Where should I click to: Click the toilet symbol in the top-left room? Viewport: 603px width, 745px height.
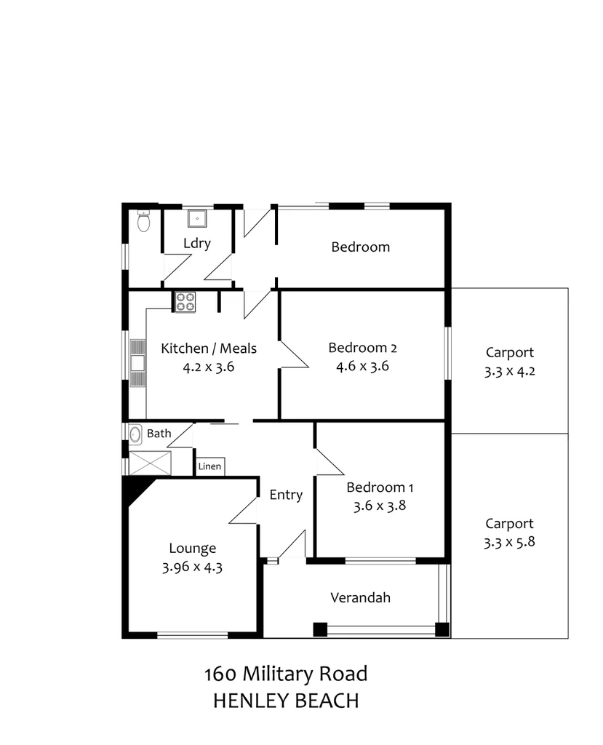point(143,221)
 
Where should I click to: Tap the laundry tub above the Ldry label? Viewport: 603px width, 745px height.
point(197,218)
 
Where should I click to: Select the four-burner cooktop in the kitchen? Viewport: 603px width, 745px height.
point(185,301)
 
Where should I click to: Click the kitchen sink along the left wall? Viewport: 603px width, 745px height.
point(137,362)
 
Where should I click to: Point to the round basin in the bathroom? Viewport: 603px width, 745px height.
point(135,434)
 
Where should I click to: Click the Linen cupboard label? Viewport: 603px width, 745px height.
point(210,466)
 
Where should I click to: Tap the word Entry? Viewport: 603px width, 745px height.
point(286,495)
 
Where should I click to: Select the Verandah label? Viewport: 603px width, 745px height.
point(361,598)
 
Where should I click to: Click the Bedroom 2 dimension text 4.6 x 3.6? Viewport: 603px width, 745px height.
point(362,366)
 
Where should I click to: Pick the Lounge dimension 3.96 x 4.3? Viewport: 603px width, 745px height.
point(192,567)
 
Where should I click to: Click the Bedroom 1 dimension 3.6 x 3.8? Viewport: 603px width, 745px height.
point(375,506)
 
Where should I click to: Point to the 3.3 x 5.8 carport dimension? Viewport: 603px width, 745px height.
point(510,542)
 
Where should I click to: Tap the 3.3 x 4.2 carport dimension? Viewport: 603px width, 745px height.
point(510,371)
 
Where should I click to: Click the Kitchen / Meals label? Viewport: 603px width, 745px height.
point(209,348)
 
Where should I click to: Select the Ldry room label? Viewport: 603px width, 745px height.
point(197,243)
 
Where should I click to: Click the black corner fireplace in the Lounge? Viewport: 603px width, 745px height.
point(136,490)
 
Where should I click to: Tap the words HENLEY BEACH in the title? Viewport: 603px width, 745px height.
point(286,701)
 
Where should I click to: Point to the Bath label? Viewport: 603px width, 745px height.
point(159,434)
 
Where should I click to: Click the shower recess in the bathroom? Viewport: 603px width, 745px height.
point(150,463)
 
